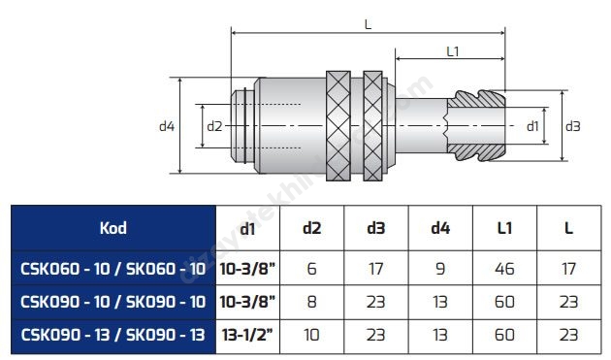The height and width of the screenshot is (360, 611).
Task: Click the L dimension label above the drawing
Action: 368,25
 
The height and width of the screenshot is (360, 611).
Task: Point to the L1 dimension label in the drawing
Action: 453,51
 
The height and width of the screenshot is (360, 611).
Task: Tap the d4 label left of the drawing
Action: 167,126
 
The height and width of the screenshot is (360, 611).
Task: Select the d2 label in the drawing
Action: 214,126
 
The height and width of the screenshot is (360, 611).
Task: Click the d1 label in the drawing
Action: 532,126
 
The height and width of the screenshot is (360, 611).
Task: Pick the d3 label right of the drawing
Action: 573,126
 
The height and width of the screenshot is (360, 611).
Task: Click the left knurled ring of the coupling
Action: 338,126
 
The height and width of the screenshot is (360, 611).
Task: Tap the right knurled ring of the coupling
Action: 372,126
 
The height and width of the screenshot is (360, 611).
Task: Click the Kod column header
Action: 113,228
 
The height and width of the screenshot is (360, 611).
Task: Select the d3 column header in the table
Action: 376,228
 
